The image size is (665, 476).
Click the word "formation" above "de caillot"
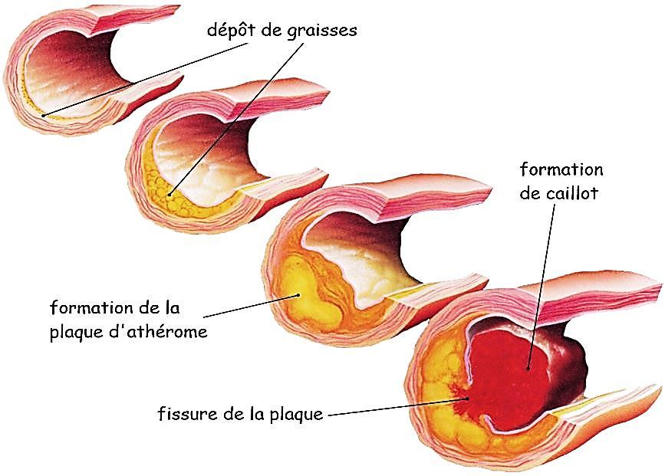pyautogui.click(x=561, y=169)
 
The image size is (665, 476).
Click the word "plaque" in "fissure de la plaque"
pyautogui.click(x=298, y=415)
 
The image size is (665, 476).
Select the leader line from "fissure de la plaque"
pyautogui.click(x=391, y=406)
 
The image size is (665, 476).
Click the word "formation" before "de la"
pyautogui.click(x=87, y=309)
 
